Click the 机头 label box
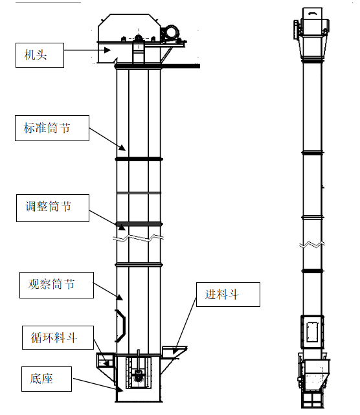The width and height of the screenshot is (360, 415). pyautogui.click(x=39, y=55)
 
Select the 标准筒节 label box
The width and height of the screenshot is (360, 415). pyautogui.click(x=52, y=128)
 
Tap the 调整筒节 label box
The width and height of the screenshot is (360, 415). pyautogui.click(x=52, y=208)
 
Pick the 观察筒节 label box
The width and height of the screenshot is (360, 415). pyautogui.click(x=56, y=285)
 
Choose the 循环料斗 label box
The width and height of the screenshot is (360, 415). pyautogui.click(x=58, y=337)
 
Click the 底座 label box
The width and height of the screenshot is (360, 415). pyautogui.click(x=47, y=379)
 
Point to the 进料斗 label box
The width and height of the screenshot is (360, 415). pyautogui.click(x=228, y=295)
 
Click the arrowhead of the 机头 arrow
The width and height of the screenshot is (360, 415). pyautogui.click(x=107, y=50)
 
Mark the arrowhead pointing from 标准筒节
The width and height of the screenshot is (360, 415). pyautogui.click(x=122, y=148)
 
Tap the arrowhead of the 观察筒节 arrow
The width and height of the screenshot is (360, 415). pyautogui.click(x=120, y=297)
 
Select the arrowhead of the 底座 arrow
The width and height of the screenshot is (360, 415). pyautogui.click(x=120, y=389)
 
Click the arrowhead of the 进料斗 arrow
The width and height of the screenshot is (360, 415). pyautogui.click(x=175, y=351)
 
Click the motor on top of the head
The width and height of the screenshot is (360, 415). pyautogui.click(x=171, y=32)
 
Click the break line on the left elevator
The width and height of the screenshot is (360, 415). pyautogui.click(x=138, y=238)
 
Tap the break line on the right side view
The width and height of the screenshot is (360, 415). pyautogui.click(x=312, y=245)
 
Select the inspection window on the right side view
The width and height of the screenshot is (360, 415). pyautogui.click(x=312, y=331)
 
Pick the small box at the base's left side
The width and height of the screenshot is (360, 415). pyautogui.click(x=106, y=360)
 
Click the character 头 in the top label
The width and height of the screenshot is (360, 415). pyautogui.click(x=41, y=55)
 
